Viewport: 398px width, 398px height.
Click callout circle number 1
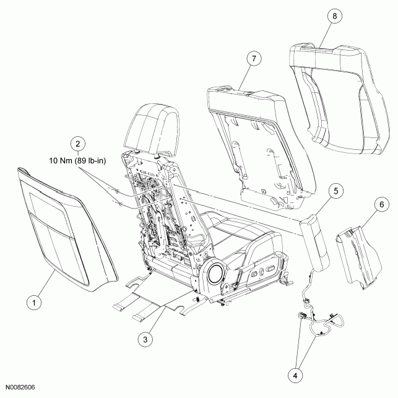[x=34, y=303]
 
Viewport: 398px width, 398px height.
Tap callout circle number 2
[x=77, y=144]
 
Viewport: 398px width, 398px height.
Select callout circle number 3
[x=145, y=339]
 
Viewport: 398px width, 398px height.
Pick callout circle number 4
[x=295, y=375]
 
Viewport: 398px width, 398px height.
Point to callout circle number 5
[x=336, y=191]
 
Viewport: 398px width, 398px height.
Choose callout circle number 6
[x=382, y=204]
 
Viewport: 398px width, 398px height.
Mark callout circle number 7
[x=254, y=59]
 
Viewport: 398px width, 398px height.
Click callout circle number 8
[x=334, y=15]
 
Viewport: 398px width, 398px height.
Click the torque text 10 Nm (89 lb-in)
[x=77, y=161]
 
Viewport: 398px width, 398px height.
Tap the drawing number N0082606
[x=20, y=387]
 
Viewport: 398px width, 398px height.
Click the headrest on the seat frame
[x=151, y=128]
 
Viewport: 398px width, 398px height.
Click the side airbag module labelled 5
[x=314, y=242]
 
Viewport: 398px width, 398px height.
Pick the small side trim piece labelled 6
[x=358, y=257]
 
